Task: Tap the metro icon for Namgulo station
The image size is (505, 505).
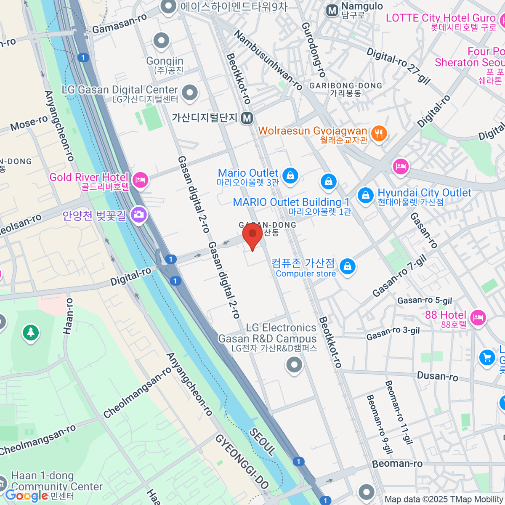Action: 332,11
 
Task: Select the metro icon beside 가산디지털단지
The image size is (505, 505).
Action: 247,118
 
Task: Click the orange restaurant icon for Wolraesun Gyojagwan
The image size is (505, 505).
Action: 379,133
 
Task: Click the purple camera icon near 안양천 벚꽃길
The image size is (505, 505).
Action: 138,215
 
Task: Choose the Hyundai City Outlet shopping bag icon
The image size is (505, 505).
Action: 365,195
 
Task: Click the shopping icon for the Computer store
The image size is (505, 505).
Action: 347,266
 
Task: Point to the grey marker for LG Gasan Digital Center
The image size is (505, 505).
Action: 190,92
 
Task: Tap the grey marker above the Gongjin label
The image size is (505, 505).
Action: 161,41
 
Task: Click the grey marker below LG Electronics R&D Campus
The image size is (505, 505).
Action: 294,364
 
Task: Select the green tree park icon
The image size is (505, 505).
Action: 30,332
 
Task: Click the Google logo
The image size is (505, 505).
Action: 26,496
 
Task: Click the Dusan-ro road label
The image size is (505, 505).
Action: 437,376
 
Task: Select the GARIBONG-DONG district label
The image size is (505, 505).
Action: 346,86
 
